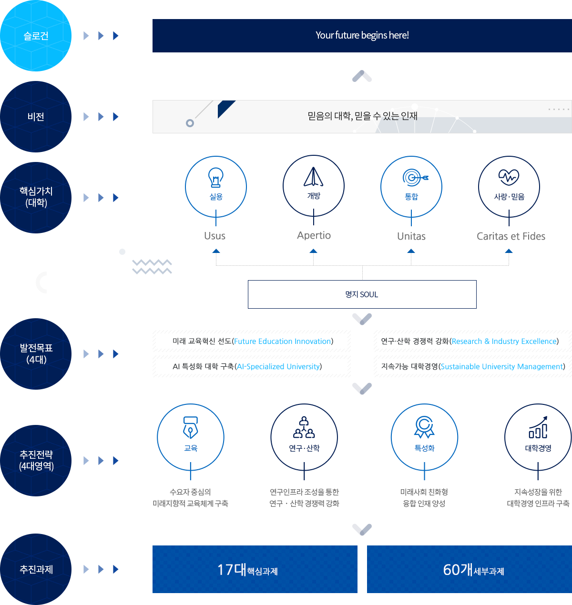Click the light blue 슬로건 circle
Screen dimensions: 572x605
(x=36, y=36)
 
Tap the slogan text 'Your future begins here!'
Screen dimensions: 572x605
(x=362, y=35)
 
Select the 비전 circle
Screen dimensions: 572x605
(x=36, y=117)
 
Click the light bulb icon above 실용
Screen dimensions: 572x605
(x=216, y=177)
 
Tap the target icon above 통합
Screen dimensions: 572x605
(x=415, y=178)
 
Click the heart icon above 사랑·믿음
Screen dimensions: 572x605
(x=509, y=177)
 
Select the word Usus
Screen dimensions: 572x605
(x=214, y=236)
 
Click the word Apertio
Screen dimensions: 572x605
(x=314, y=235)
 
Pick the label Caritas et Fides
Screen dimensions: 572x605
(x=511, y=236)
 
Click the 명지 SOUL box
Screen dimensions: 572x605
(x=362, y=294)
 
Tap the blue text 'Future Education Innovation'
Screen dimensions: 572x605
(x=282, y=341)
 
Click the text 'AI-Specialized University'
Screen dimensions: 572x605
(x=278, y=366)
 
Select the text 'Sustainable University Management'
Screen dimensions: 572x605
(x=501, y=366)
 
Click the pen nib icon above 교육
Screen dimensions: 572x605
(x=191, y=427)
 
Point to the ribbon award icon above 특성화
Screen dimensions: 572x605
(x=424, y=427)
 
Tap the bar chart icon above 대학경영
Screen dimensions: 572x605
(x=538, y=427)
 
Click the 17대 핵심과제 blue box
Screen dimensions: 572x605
(x=255, y=569)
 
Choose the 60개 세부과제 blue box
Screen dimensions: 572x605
(x=469, y=569)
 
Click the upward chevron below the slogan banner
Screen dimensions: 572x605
(x=362, y=76)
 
